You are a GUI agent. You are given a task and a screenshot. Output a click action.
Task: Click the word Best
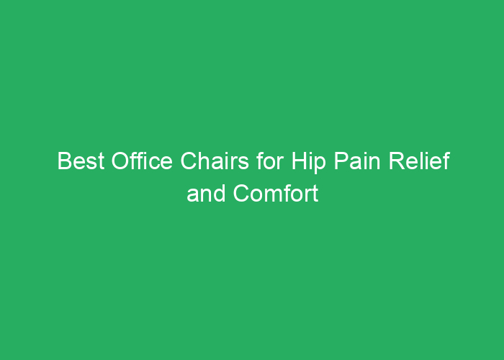pyautogui.click(x=81, y=161)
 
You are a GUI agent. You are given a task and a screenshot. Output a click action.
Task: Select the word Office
pyautogui.click(x=142, y=161)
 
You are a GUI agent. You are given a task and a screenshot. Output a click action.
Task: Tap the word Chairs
pyautogui.click(x=215, y=161)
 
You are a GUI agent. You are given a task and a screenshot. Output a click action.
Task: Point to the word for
pyautogui.click(x=270, y=161)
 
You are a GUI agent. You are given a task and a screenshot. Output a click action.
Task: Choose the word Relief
pyautogui.click(x=420, y=161)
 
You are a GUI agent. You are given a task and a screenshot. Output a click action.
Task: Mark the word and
pyautogui.click(x=206, y=193)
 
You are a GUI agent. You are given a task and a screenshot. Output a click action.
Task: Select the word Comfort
pyautogui.click(x=276, y=193)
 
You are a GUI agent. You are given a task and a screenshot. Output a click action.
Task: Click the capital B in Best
pyautogui.click(x=64, y=161)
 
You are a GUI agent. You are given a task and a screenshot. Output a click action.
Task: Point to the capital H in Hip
pyautogui.click(x=300, y=161)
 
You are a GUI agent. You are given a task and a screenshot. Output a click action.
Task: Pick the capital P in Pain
pyautogui.click(x=341, y=161)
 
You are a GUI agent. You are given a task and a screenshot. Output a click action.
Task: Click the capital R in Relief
pyautogui.click(x=397, y=161)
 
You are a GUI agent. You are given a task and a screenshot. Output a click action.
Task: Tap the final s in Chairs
pyautogui.click(x=243, y=163)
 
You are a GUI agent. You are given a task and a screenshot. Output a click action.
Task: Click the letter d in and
pyautogui.click(x=220, y=193)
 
